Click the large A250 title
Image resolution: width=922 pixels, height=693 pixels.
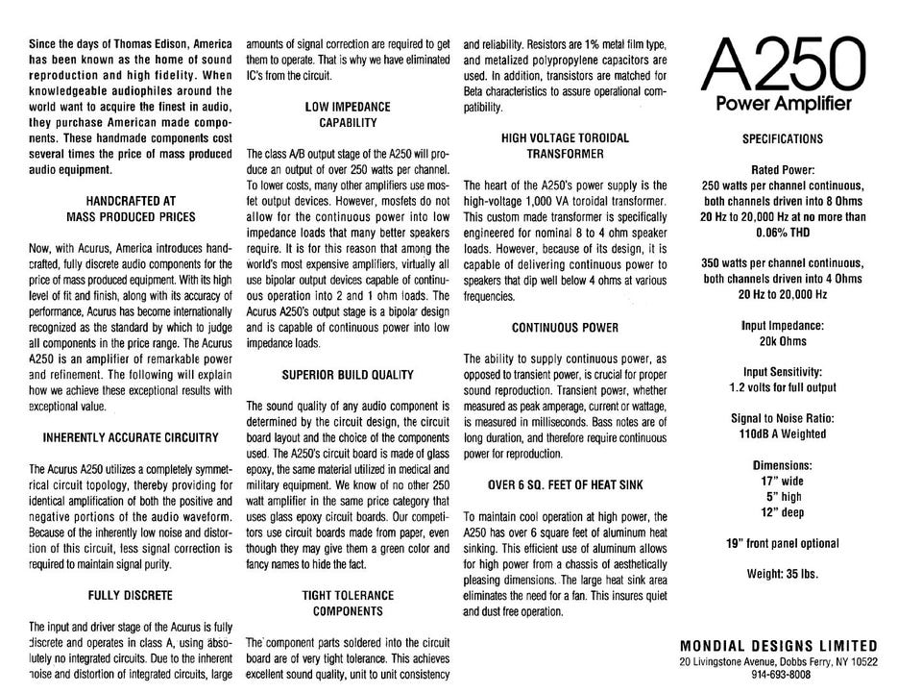click(x=783, y=64)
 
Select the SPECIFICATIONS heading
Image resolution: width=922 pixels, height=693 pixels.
click(x=783, y=138)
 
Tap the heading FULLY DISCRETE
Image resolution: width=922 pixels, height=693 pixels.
click(x=130, y=595)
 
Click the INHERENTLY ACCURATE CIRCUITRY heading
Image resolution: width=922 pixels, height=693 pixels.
click(x=130, y=437)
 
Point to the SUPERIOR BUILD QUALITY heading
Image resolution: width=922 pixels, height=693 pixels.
click(x=348, y=374)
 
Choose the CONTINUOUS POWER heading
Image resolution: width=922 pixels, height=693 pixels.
click(x=565, y=328)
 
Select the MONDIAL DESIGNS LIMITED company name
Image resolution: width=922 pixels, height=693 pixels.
click(x=778, y=646)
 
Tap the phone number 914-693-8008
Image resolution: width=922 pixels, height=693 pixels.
click(x=778, y=676)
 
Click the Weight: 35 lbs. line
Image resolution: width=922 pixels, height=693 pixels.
click(x=783, y=575)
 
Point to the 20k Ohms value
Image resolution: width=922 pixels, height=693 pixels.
click(x=783, y=340)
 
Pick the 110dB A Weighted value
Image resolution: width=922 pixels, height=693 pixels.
click(x=783, y=433)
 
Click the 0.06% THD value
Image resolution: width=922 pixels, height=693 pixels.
click(x=783, y=233)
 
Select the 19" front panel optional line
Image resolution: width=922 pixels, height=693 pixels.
click(x=783, y=543)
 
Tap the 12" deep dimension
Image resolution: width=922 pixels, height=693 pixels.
click(x=783, y=511)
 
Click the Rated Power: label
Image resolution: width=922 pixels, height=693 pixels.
click(x=783, y=169)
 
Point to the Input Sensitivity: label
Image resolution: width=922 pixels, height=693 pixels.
click(x=783, y=372)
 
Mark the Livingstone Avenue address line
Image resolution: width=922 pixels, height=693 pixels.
click(x=778, y=661)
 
